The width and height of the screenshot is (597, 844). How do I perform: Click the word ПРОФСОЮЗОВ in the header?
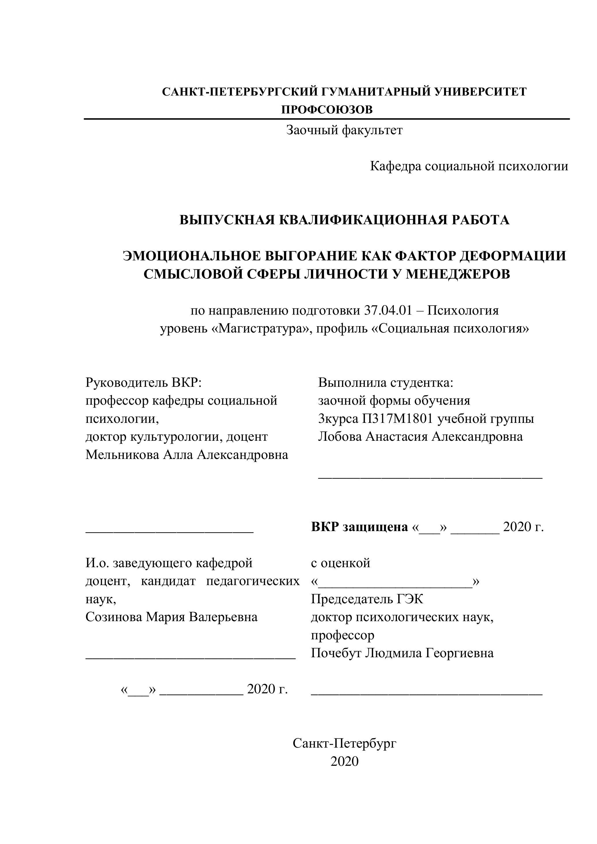tap(327, 110)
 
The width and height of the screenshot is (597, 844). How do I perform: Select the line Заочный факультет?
tap(344, 130)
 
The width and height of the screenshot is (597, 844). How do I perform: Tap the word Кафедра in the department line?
tap(395, 166)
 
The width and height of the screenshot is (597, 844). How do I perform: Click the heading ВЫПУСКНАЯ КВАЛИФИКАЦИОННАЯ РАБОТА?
tap(344, 220)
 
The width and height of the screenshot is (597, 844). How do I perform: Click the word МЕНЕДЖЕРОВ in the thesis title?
tap(458, 274)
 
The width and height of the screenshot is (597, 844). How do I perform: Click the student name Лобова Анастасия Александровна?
tap(420, 437)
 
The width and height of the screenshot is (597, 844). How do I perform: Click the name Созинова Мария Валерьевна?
tap(171, 617)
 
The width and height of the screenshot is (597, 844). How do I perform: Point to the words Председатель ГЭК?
tap(367, 599)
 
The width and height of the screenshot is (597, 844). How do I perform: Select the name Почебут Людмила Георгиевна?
tap(402, 653)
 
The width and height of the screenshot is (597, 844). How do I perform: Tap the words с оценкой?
tap(340, 563)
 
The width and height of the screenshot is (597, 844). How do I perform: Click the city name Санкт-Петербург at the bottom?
tap(344, 743)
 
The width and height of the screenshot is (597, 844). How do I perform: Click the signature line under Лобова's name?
tap(430, 477)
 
